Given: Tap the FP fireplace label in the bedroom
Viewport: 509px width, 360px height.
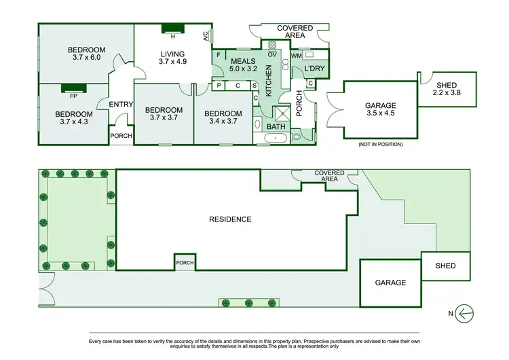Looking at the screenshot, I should point(69,96).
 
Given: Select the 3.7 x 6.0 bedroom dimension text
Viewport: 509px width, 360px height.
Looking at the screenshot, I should point(86,58).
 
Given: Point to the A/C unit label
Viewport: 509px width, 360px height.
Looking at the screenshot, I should point(205,38).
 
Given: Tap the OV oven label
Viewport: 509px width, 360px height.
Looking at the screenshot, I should point(271,54).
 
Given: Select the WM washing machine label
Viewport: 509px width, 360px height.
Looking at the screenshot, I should point(296,54).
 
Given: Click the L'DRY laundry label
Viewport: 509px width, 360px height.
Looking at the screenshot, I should point(315,69).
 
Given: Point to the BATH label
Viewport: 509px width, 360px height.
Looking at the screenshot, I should point(276,126).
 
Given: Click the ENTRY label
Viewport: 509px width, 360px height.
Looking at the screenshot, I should point(120,104).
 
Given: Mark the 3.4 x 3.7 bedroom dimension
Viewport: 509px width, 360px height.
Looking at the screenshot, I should point(223,122).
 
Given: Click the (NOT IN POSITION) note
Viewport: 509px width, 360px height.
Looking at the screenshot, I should point(379,145).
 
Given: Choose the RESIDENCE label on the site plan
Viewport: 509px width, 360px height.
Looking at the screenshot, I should point(229,219).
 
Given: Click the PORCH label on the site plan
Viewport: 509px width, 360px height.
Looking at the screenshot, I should point(184,263).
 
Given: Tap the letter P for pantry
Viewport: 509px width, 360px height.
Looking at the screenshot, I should point(219,86).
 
